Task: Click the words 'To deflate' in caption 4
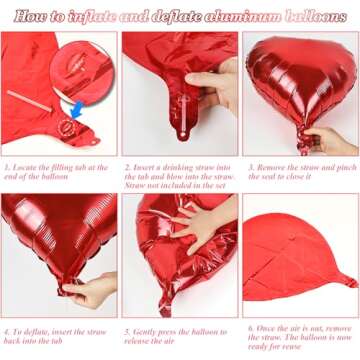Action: coord(29,330)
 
